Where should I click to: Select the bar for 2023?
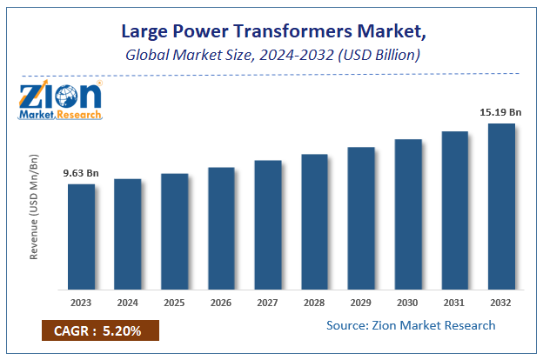pyautogui.click(x=81, y=236)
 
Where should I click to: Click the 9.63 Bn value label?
pyautogui.click(x=81, y=173)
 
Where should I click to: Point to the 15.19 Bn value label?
pyautogui.click(x=501, y=112)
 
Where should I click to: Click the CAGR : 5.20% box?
pyautogui.click(x=98, y=331)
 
